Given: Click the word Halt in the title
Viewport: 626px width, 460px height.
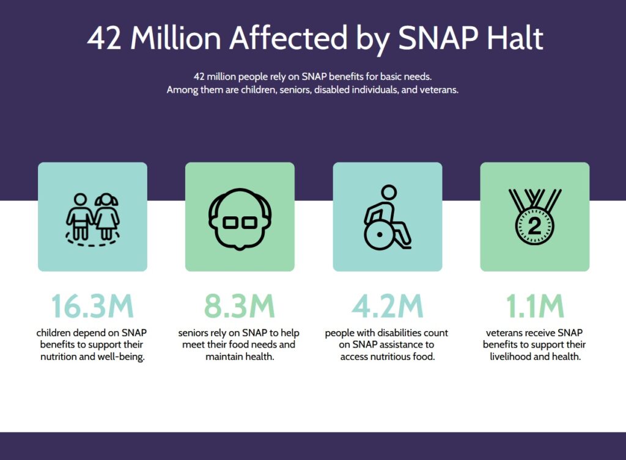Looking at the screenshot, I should pyautogui.click(x=515, y=38).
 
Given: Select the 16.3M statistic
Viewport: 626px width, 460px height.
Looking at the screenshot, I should pyautogui.click(x=92, y=307).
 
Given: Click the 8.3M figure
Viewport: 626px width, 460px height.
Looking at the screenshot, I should pyautogui.click(x=240, y=307).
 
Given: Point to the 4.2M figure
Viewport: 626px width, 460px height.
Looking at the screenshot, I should pyautogui.click(x=387, y=307).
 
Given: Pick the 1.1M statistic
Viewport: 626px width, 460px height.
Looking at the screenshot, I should pyautogui.click(x=535, y=307).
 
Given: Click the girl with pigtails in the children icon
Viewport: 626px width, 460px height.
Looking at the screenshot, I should pyautogui.click(x=106, y=217).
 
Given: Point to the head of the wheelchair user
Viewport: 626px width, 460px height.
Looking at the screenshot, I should pyautogui.click(x=388, y=193).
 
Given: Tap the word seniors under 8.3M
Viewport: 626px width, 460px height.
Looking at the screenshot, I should pyautogui.click(x=194, y=334).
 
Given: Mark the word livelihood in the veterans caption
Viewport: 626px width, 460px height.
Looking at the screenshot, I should pyautogui.click(x=514, y=357).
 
